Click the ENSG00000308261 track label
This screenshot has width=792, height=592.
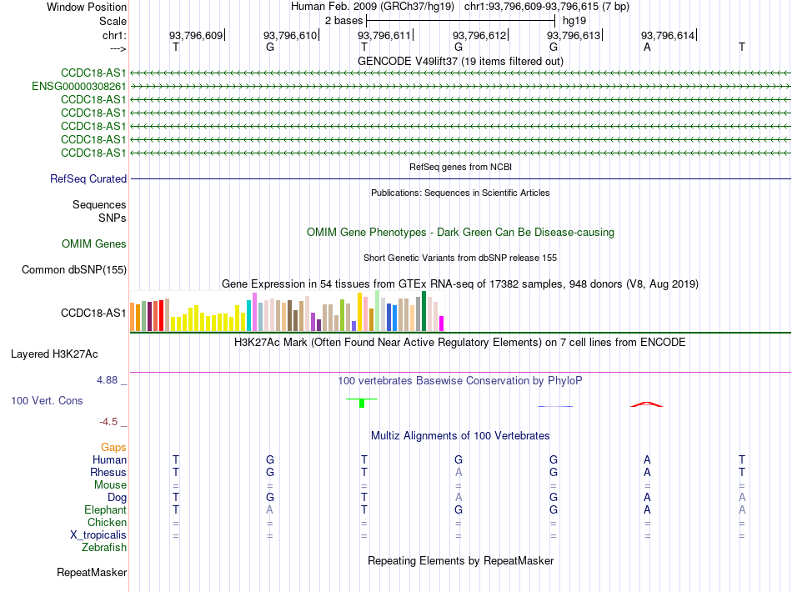[79, 87]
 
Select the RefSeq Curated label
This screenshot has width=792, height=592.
[88, 178]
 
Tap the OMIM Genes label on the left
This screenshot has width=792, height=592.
[94, 244]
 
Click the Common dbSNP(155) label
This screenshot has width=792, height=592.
[73, 269]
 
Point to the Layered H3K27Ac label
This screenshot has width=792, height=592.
[54, 354]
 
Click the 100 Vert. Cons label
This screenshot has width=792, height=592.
[47, 400]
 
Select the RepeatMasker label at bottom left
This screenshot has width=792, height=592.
[92, 572]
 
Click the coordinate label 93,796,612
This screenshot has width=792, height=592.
[479, 35]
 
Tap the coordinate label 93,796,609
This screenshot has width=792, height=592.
[195, 35]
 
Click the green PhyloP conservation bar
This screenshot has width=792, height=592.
[362, 403]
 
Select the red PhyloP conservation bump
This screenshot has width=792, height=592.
[647, 404]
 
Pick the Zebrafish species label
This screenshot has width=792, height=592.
[104, 548]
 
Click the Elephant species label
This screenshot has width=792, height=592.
[105, 510]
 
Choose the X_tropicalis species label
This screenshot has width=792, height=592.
[98, 535]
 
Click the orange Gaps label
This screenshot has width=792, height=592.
[113, 448]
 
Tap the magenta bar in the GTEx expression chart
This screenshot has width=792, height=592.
[442, 324]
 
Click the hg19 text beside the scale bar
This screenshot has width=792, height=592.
[574, 21]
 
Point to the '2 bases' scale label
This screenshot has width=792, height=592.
[343, 21]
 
